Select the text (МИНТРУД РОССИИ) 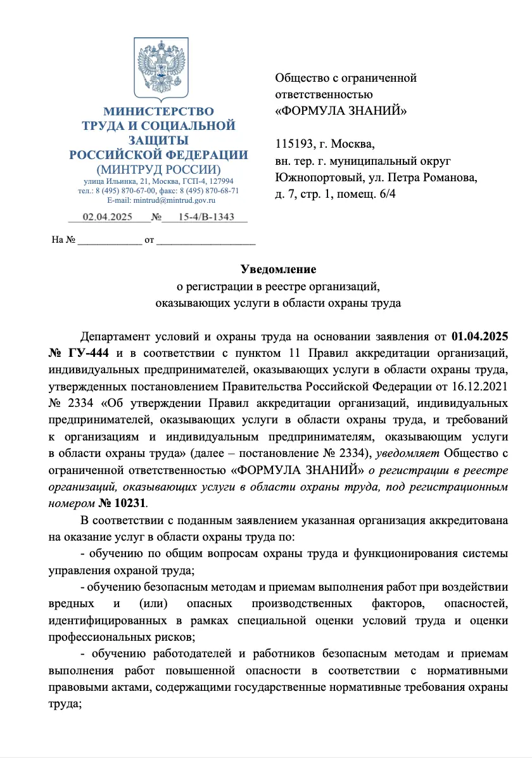tap(158, 169)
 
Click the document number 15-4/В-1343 tap(206, 217)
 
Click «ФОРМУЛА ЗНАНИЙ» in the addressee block tap(341, 110)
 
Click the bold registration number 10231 tap(131, 502)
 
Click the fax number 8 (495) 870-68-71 tap(208, 190)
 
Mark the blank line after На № tap(110, 241)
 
